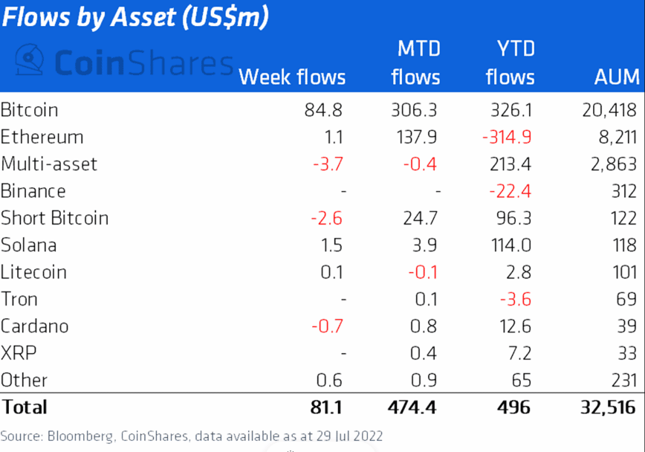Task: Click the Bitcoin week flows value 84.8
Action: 323,110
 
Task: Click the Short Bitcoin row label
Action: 55,218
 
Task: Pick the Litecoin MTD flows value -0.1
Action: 422,272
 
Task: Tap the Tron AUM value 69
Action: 626,299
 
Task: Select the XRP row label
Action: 18,353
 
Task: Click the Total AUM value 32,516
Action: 606,407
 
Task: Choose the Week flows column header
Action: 292,77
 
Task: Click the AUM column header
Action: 617,77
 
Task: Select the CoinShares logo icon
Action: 29,59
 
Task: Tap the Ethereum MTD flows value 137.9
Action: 415,138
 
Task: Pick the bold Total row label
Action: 24,407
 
